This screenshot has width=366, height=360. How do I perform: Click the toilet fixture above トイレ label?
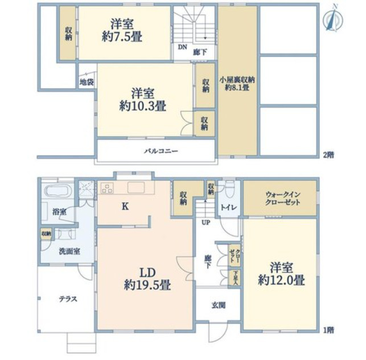click(x=228, y=189)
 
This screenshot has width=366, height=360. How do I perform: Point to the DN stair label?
click(x=183, y=47)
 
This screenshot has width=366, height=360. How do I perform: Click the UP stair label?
click(x=205, y=223)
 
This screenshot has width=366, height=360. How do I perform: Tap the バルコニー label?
click(x=161, y=151)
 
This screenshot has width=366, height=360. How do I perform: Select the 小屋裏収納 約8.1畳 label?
click(x=237, y=83)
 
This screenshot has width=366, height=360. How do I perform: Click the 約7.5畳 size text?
click(x=122, y=36)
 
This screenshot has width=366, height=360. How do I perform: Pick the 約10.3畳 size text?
click(x=143, y=107)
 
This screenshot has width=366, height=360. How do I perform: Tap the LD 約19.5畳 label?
click(x=147, y=279)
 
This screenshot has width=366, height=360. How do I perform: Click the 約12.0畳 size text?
click(x=281, y=280)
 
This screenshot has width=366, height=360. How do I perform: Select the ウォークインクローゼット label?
click(x=282, y=198)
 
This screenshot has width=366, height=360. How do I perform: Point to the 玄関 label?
click(x=219, y=305)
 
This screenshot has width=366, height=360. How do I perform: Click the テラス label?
click(x=68, y=299)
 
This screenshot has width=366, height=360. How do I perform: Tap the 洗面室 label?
click(x=69, y=251)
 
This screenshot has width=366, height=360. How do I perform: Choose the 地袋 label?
click(x=87, y=82)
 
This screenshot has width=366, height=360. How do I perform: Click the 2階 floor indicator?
click(x=328, y=155)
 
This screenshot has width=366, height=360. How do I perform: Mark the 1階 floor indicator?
click(x=328, y=330)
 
